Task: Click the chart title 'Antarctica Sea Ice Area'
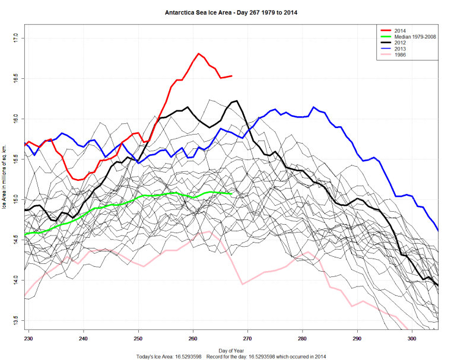[225, 12]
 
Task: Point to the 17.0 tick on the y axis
[16, 38]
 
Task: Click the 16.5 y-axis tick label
[16, 78]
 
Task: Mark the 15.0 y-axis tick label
[16, 199]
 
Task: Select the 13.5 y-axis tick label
[16, 320]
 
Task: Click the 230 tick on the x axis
[28, 337]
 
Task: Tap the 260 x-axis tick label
[193, 337]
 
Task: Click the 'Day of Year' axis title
[231, 351]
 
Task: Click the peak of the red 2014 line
[199, 54]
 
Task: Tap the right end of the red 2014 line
[231, 76]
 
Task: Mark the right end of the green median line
[231, 193]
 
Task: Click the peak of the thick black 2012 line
[236, 101]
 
